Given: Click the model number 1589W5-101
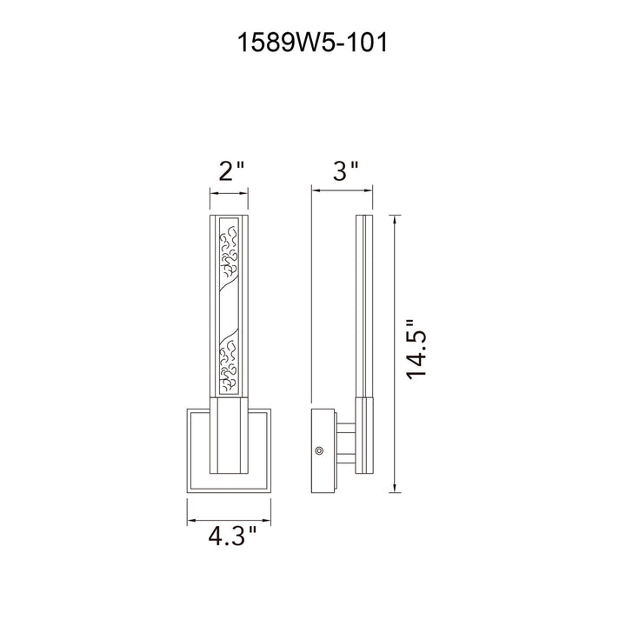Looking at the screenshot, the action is click(312, 43).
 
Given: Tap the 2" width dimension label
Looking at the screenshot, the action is click(231, 172).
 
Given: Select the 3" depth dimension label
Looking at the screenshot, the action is click(346, 171).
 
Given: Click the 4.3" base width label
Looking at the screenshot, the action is click(232, 536).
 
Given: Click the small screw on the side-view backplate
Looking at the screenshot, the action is click(318, 450).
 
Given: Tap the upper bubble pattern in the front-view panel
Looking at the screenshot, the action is click(230, 251).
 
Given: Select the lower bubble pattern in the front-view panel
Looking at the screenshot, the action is click(229, 364).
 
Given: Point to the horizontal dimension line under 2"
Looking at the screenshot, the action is click(230, 194).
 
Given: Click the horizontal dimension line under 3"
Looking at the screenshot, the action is click(343, 190).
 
